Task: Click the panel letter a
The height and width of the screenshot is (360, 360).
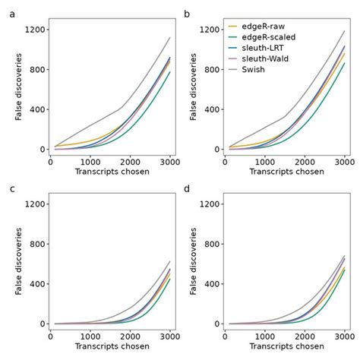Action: [x=11, y=12]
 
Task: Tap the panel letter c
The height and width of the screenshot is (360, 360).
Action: [x=11, y=187]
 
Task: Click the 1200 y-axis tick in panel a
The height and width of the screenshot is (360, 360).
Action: [x=34, y=30]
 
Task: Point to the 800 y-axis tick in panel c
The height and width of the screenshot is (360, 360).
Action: [x=36, y=244]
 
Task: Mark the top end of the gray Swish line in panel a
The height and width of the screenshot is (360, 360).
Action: [x=169, y=37]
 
